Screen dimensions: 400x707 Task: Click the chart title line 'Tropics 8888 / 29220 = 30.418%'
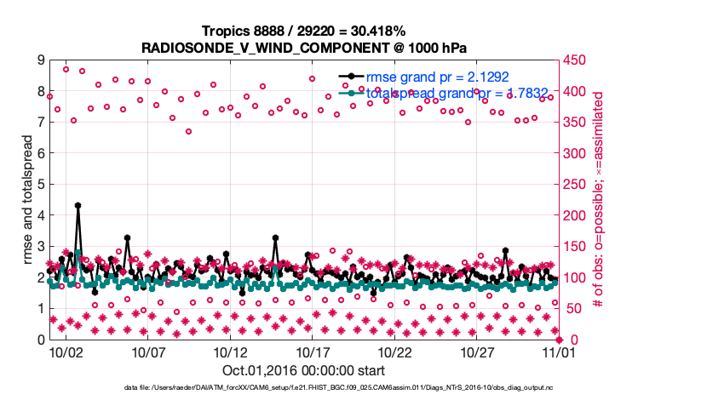(303, 31)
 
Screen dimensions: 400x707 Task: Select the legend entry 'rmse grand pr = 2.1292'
(432, 77)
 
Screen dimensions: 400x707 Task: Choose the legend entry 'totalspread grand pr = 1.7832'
(450, 93)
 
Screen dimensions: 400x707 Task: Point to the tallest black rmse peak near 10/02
(78, 205)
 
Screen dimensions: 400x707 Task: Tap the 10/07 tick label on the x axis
(148, 351)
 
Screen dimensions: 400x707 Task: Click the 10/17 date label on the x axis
(313, 351)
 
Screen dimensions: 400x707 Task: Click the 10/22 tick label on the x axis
(395, 351)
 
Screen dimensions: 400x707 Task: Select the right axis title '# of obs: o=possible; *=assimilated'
(599, 199)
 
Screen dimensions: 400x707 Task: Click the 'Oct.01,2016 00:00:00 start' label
(303, 370)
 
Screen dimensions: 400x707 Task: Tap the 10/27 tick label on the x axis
(478, 351)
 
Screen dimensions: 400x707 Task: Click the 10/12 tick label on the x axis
(231, 351)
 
